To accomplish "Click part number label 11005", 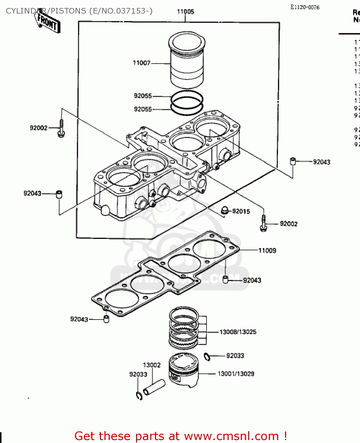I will (x=185, y=12).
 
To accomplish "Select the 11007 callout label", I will (x=142, y=63).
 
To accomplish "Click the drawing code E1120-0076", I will (x=305, y=7).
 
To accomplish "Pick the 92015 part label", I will (x=241, y=211).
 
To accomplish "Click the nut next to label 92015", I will (x=225, y=210).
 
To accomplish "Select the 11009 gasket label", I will (x=267, y=251).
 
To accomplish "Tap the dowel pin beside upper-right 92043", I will (x=293, y=161).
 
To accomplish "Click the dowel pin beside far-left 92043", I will (x=59, y=194).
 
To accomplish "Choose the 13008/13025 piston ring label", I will (x=238, y=332).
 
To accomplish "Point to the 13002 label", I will (x=152, y=365).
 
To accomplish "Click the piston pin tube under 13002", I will (x=154, y=387).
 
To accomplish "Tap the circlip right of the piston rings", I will (x=207, y=356).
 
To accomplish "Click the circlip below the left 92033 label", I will (x=139, y=396).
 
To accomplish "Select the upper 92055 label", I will (x=143, y=96).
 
